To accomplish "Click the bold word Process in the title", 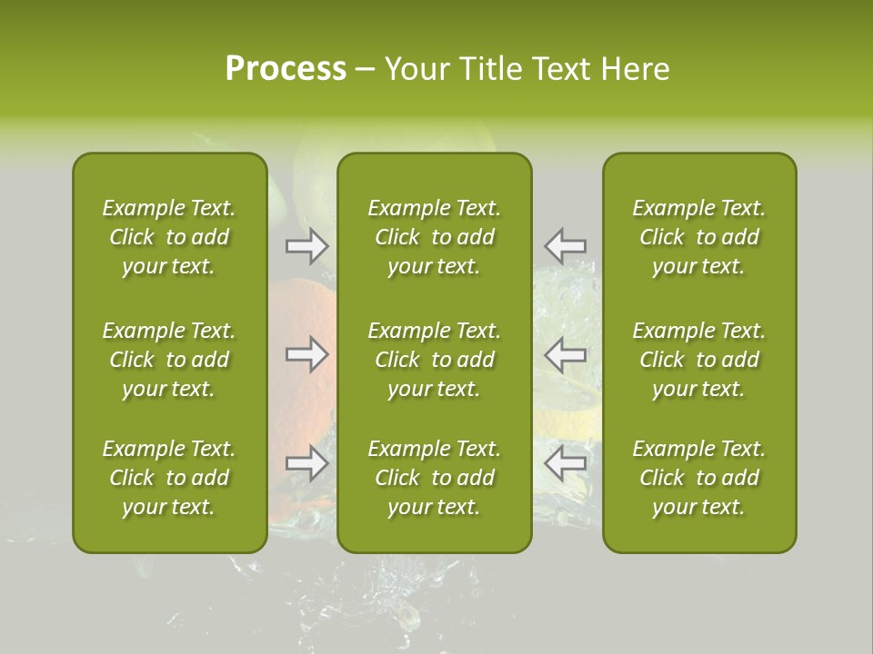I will pyautogui.click(x=286, y=69).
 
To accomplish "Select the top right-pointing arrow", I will pyautogui.click(x=306, y=246).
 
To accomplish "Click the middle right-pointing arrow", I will pyautogui.click(x=306, y=354).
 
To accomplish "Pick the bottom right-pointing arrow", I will pyautogui.click(x=306, y=463).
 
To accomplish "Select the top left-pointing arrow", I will pyautogui.click(x=565, y=246).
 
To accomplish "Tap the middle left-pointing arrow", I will pyautogui.click(x=565, y=354).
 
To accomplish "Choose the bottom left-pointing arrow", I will pyautogui.click(x=565, y=463).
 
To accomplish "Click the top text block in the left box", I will pyautogui.click(x=169, y=237).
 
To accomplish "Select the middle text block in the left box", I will pyautogui.click(x=169, y=360).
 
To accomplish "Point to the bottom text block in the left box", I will pyautogui.click(x=169, y=478).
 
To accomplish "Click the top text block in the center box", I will pyautogui.click(x=434, y=237).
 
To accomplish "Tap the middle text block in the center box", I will pyautogui.click(x=434, y=360).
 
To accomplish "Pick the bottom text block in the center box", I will pyautogui.click(x=434, y=478).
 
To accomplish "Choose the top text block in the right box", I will pyautogui.click(x=698, y=237).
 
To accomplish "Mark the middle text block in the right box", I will pyautogui.click(x=698, y=360).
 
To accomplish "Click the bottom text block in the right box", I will pyautogui.click(x=698, y=478).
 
